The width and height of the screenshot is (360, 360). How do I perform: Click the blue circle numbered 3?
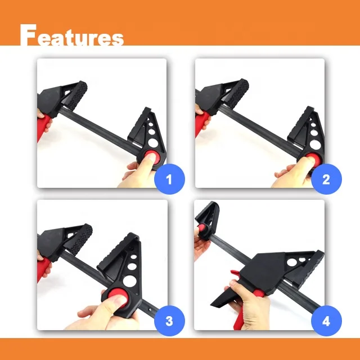(168, 321)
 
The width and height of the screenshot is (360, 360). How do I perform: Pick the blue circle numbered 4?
(326, 321)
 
